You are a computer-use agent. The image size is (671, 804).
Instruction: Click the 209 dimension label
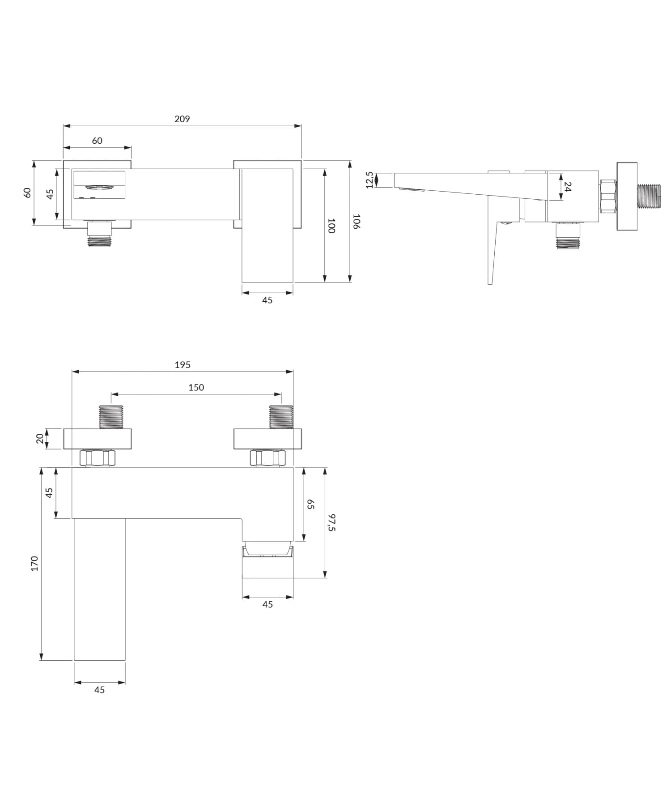click(182, 119)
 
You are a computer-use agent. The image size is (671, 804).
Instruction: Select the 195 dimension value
click(183, 365)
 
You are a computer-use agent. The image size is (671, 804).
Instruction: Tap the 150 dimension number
click(196, 388)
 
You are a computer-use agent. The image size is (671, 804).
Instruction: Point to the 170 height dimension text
click(34, 564)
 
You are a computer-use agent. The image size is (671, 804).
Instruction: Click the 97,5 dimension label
click(331, 522)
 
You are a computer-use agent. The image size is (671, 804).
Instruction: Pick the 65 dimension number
click(310, 505)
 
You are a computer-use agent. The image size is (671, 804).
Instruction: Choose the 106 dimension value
click(357, 222)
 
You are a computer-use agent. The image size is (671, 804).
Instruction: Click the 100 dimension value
click(331, 226)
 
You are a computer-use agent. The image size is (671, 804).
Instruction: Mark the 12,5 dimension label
click(369, 180)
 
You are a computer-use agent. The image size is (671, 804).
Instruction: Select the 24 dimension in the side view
click(567, 187)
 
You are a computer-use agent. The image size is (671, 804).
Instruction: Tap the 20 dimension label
click(40, 439)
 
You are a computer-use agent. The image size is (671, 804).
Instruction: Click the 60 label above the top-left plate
click(97, 141)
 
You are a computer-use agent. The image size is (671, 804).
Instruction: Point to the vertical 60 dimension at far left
click(27, 192)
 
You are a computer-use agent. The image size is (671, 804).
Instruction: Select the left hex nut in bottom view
click(97, 458)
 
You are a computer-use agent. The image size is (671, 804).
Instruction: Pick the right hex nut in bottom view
click(268, 458)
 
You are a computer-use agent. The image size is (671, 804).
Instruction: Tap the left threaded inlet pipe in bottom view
click(111, 417)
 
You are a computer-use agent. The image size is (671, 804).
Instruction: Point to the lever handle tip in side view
click(490, 282)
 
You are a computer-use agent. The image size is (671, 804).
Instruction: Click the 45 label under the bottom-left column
click(99, 690)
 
